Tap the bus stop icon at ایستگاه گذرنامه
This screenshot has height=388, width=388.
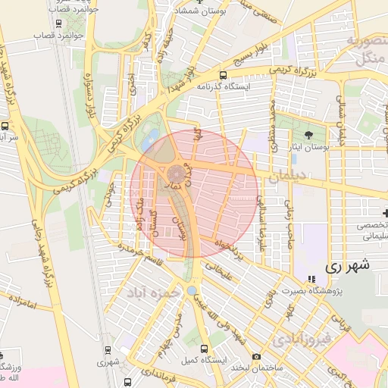point(223,75)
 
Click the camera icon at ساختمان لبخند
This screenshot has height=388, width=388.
point(256,357)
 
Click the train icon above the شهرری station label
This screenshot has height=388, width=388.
point(107,350)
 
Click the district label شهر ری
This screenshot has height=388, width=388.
point(346,266)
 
